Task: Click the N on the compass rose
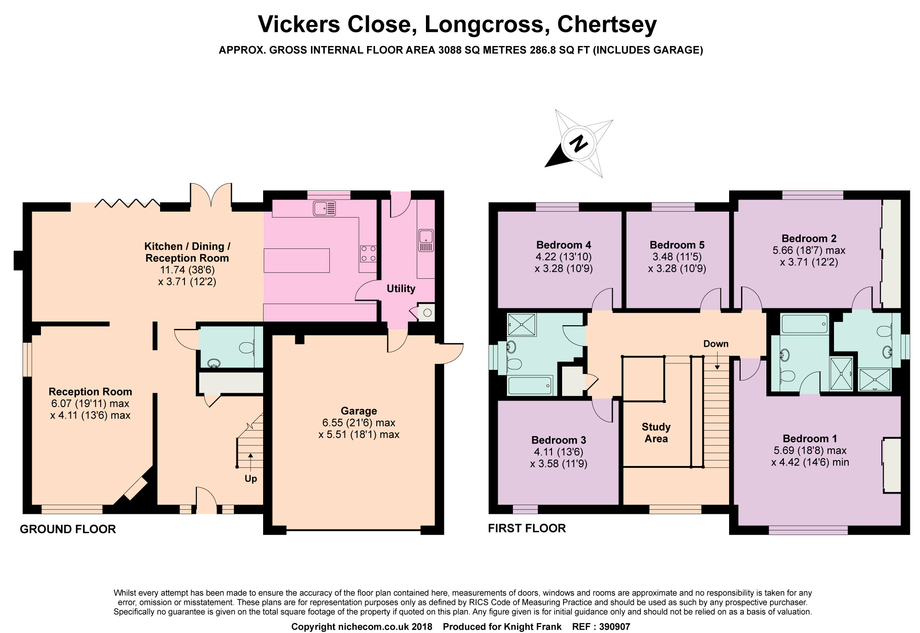coord(579,144)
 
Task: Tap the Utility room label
coord(401,288)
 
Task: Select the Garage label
coord(359,411)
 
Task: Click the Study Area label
coord(656,433)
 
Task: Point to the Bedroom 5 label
coord(677,245)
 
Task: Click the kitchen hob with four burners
coord(368,253)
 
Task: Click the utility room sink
coord(426,240)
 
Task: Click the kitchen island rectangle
coord(297,260)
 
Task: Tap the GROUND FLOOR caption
coord(68,529)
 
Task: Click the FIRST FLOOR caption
coord(527,528)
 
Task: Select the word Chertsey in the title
coord(607,25)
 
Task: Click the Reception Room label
coord(90,391)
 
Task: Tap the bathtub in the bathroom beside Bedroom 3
coord(529,386)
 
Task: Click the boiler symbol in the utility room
coord(427,313)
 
